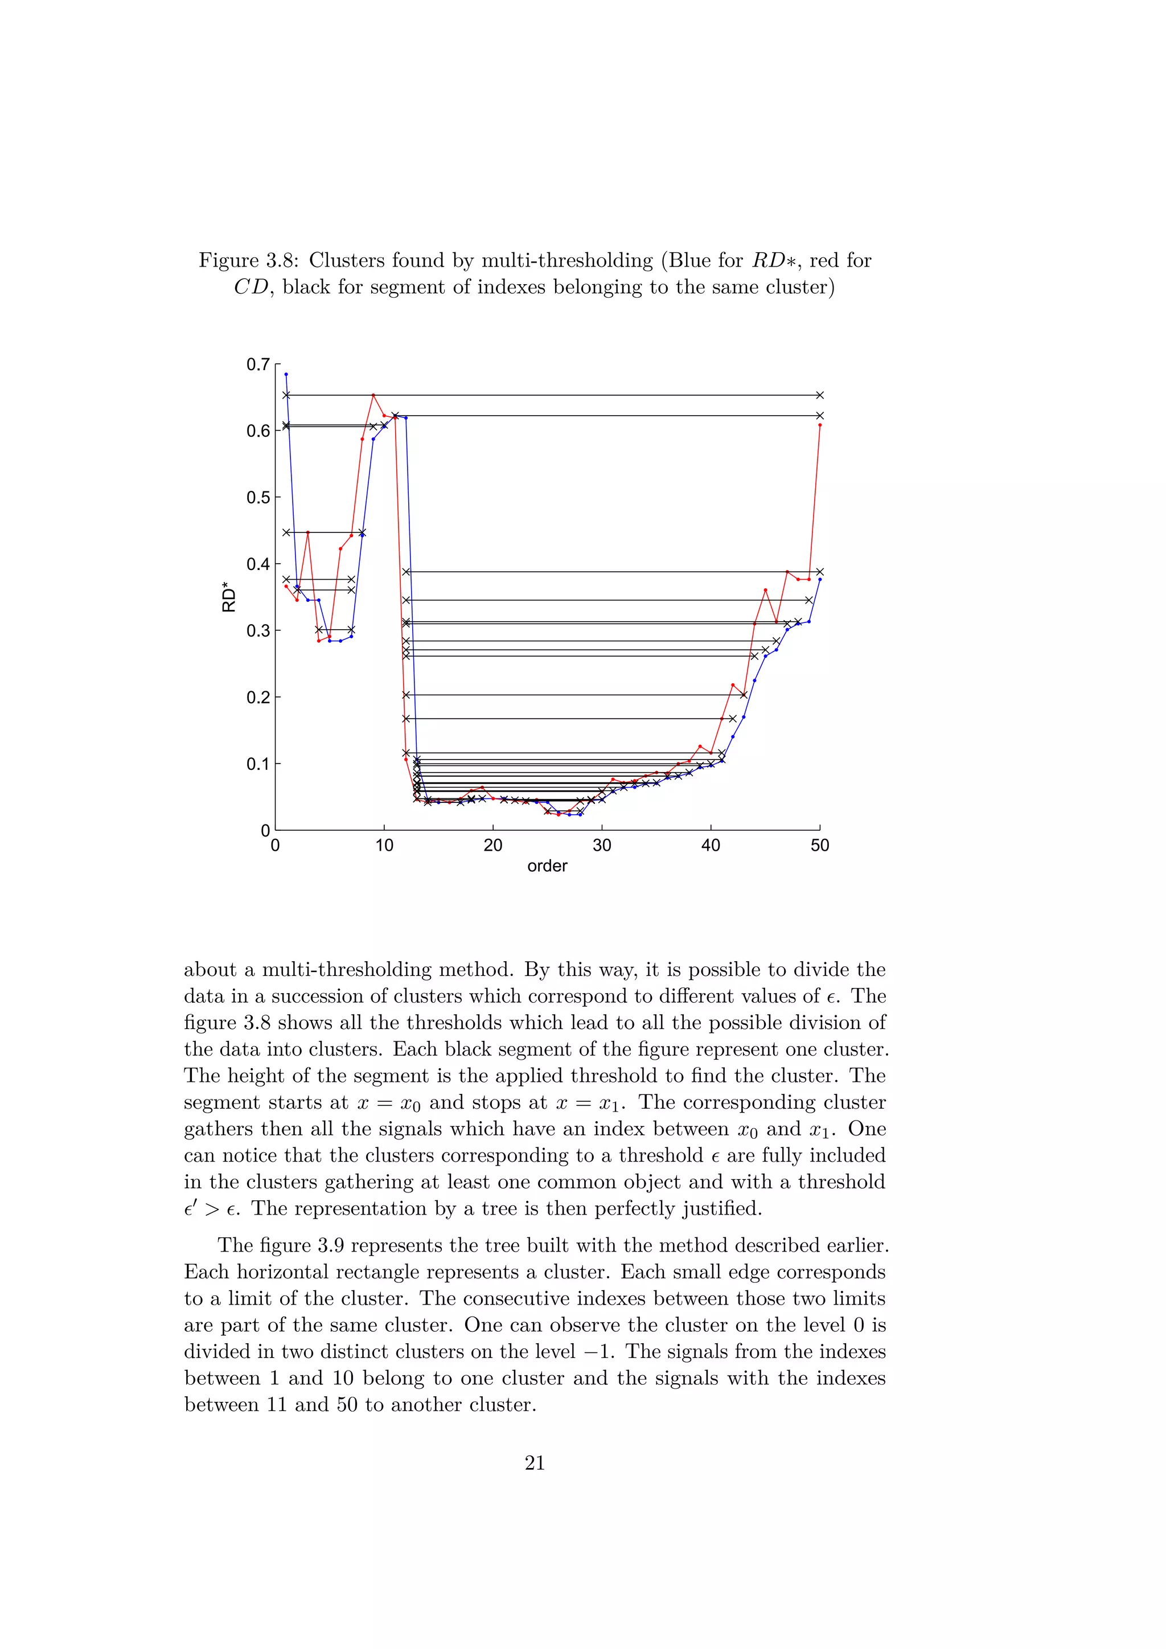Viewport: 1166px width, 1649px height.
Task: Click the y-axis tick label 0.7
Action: click(258, 365)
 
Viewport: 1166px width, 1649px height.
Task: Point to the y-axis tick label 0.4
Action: click(258, 564)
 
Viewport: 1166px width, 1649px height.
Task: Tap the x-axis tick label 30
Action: click(602, 846)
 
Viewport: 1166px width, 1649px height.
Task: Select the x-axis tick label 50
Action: click(820, 846)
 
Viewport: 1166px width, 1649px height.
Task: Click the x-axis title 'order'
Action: click(547, 866)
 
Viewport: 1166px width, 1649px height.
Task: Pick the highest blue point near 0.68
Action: click(286, 374)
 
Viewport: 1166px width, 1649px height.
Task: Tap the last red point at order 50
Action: click(820, 425)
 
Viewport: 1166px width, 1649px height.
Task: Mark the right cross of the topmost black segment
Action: click(820, 395)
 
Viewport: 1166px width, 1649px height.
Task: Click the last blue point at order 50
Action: click(820, 579)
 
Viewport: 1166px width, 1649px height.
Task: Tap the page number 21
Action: click(535, 1463)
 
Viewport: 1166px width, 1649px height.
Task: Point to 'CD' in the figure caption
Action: click(251, 288)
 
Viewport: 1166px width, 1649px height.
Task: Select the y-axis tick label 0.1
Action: click(258, 764)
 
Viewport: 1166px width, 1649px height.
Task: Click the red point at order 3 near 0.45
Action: click(307, 532)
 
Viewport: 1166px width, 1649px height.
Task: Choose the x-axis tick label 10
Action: click(384, 846)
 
